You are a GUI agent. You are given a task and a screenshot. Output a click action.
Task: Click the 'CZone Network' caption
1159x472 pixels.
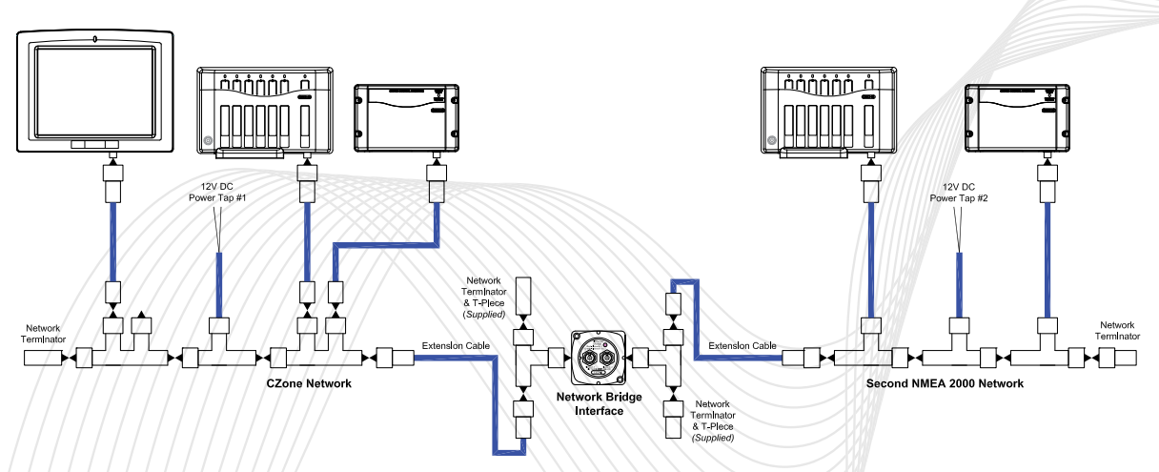tap(308, 383)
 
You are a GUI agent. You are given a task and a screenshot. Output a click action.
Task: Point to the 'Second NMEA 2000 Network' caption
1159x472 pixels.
tap(945, 383)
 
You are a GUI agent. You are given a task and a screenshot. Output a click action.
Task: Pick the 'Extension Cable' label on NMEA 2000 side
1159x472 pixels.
tap(742, 345)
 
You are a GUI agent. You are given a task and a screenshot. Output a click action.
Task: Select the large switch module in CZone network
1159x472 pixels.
tap(263, 112)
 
